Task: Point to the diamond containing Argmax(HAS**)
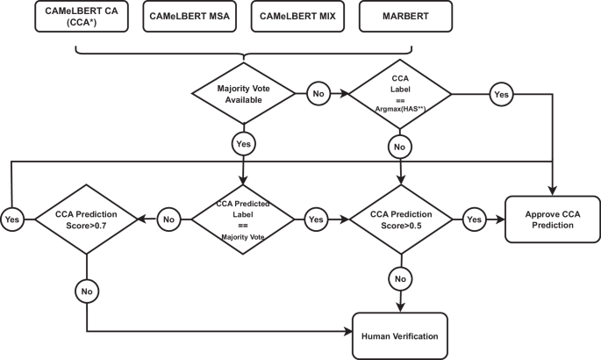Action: [x=400, y=93]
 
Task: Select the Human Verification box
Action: [x=400, y=335]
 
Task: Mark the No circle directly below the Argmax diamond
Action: [x=400, y=145]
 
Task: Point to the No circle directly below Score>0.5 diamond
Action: [x=400, y=280]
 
